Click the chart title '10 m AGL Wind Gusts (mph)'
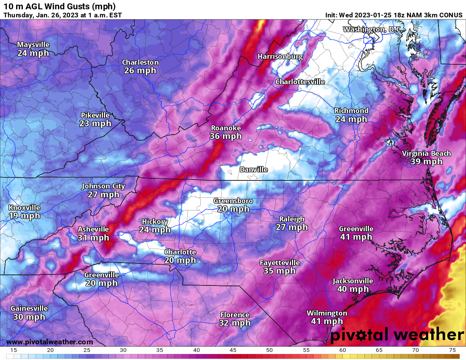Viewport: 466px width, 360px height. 59,6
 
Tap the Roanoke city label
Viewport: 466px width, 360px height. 226,128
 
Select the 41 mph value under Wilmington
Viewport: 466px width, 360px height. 327,321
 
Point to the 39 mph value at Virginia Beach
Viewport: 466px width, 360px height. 426,162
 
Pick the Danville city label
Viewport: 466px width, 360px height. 253,169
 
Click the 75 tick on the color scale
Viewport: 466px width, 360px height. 452,350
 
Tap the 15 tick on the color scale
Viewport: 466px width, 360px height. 14,350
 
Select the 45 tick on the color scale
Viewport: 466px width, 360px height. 233,350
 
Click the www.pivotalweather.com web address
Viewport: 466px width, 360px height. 50,342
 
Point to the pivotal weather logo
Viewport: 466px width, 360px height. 397,335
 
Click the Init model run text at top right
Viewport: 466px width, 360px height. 394,15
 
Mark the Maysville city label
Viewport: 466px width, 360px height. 33,44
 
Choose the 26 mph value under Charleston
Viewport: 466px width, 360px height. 140,70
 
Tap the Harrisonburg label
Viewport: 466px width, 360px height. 280,56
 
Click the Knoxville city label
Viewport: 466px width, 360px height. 24,208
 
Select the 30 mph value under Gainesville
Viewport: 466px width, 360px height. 29,317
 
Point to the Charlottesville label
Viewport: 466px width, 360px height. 300,82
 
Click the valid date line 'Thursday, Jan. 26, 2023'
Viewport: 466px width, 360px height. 63,15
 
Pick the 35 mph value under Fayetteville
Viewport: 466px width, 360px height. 279,271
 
